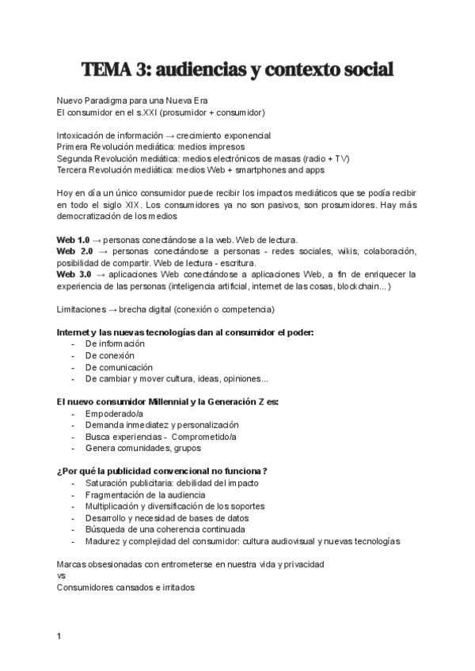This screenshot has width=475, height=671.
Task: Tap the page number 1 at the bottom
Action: (x=59, y=636)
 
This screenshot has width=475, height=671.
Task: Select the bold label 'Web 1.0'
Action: (x=73, y=240)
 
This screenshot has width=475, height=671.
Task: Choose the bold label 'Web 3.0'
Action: (x=73, y=274)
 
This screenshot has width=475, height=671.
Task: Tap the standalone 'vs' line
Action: (x=61, y=576)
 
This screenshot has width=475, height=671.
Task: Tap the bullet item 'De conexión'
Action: (x=110, y=355)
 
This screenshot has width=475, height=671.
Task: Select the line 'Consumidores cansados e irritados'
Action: (x=125, y=588)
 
